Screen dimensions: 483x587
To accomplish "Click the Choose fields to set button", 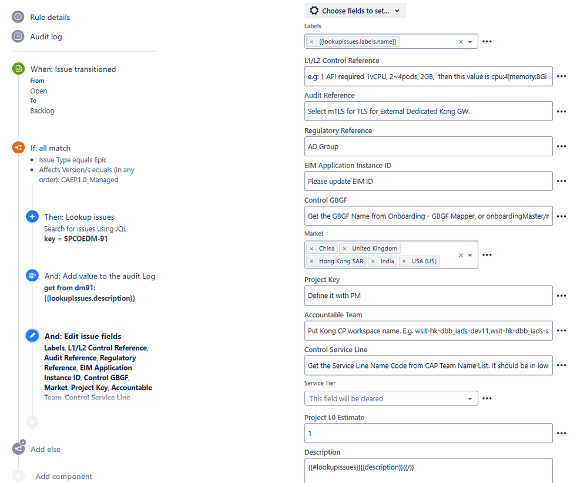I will tap(355, 11).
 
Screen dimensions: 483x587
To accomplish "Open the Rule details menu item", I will tap(50, 18).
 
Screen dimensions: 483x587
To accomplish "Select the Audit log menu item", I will tap(46, 36).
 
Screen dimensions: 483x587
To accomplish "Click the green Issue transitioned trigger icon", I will tap(18, 69).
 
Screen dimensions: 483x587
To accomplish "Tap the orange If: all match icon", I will tap(18, 148).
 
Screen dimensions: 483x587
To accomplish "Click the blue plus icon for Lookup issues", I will tap(32, 217).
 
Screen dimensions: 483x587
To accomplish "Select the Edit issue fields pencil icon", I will tap(32, 336).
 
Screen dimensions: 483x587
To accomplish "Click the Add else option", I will tap(45, 449).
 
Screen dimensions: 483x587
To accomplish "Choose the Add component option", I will tap(63, 476).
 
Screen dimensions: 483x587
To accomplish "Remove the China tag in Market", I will tap(311, 249).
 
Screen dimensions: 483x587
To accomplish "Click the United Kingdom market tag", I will tap(374, 249).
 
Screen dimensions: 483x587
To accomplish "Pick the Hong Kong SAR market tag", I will tap(341, 261).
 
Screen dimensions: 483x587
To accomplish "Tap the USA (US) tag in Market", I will tap(424, 261).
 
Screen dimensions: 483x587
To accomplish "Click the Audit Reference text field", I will tap(428, 111).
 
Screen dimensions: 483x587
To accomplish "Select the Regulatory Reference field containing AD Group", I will tap(428, 146).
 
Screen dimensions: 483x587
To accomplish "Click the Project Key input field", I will tap(428, 296).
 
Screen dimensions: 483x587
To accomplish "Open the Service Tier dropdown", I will tap(391, 398).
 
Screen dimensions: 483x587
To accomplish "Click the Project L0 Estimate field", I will tap(428, 433).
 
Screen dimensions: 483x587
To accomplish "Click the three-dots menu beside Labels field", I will tap(487, 42).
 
